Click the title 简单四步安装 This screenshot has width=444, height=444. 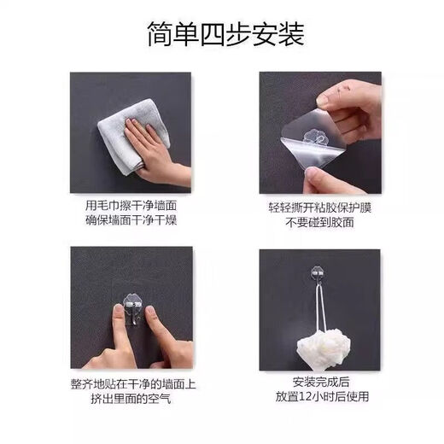coord(221,34)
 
